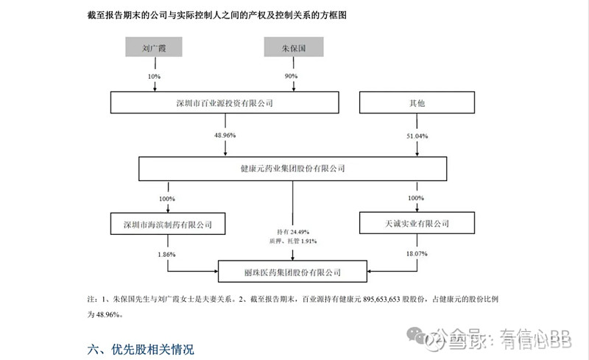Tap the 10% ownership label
point(153,77)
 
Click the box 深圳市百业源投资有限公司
point(225,104)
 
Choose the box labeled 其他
point(417,104)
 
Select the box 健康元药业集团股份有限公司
point(293,169)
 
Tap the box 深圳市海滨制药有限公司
point(167,222)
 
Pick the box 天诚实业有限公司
point(417,222)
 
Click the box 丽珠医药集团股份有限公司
point(293,272)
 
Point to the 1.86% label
point(167,253)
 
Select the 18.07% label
point(417,253)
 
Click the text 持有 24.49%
point(293,231)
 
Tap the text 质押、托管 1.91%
point(293,241)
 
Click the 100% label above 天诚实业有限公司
point(417,198)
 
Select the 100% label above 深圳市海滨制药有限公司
point(167,198)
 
